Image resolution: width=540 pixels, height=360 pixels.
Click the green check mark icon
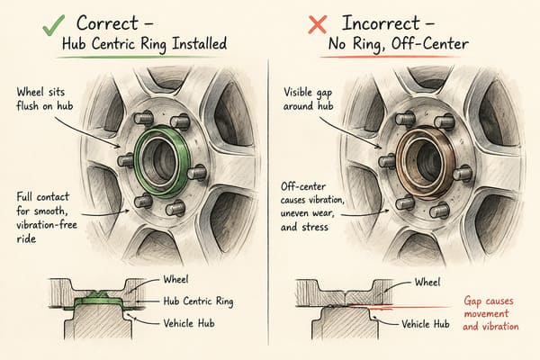coord(53,25)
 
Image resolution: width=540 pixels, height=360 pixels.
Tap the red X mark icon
coord(317,25)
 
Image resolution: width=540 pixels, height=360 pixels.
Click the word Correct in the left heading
coord(107,23)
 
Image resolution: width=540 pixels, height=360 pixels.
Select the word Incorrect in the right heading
coord(381,23)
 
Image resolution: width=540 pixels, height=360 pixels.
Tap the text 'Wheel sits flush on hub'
coord(45,98)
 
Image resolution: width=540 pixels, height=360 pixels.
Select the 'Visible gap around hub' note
coord(308,98)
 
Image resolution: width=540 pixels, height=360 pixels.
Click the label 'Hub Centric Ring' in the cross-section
coord(198,301)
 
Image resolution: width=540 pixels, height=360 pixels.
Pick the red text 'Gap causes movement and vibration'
coord(490,313)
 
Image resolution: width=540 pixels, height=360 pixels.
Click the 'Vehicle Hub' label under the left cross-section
coord(189,323)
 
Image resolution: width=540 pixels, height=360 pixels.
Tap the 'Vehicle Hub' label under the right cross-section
coord(426,324)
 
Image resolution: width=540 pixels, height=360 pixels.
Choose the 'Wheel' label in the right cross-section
coord(427,283)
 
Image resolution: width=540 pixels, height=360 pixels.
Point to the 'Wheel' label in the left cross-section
coord(175,279)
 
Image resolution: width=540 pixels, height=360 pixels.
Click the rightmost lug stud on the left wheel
coord(197,172)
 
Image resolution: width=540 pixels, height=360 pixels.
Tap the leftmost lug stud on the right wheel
coord(386,161)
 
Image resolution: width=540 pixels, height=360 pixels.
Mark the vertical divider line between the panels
coord(268,202)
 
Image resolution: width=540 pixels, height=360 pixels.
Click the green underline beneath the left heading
coord(138,57)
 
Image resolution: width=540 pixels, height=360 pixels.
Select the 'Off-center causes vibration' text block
coord(312,207)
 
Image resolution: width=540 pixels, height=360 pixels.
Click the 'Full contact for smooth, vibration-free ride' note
coord(47,218)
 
